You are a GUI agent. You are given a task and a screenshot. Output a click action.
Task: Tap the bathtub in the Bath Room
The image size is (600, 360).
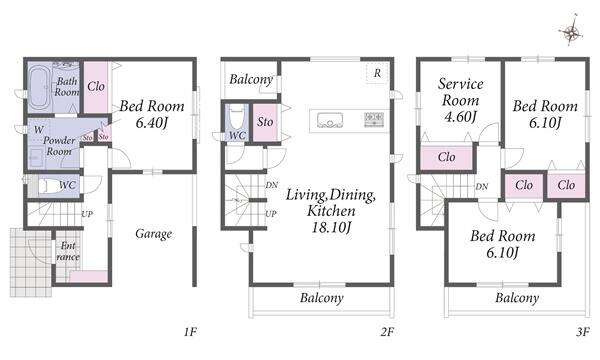click(x=39, y=87)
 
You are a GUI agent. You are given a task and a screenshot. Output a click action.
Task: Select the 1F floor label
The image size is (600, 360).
click(x=190, y=332)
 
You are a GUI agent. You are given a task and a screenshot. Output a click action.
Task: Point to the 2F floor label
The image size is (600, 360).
click(x=387, y=332)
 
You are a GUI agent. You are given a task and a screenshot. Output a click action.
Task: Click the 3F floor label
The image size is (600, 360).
click(x=583, y=332)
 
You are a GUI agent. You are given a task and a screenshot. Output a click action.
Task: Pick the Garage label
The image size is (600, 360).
click(x=153, y=234)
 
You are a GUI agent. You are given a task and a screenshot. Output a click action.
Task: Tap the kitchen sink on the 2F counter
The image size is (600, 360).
click(x=329, y=120)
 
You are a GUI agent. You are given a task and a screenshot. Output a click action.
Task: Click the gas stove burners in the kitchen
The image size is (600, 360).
click(x=374, y=119)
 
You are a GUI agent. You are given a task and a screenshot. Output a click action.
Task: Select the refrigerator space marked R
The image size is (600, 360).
click(x=377, y=73)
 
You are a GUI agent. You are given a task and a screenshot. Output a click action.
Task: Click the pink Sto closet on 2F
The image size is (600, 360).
click(x=265, y=122)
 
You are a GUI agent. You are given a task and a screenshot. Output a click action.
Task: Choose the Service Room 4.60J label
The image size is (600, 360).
click(x=460, y=100)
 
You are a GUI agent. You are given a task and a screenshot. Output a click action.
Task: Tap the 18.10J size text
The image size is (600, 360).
click(x=331, y=227)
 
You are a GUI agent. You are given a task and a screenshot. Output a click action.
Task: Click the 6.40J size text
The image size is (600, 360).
click(x=152, y=122)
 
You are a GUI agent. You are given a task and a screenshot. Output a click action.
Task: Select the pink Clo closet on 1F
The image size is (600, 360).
click(x=96, y=87)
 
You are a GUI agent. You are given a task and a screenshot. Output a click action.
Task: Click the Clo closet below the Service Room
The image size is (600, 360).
click(x=446, y=157)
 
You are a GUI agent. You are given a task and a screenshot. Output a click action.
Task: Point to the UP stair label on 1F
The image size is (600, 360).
click(x=87, y=214)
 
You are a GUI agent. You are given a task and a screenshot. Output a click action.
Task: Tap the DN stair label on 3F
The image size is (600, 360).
click(x=482, y=187)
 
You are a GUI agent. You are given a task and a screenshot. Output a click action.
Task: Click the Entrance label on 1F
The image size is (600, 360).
click(x=68, y=251)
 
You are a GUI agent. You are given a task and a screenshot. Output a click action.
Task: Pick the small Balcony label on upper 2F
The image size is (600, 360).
click(x=251, y=80)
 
